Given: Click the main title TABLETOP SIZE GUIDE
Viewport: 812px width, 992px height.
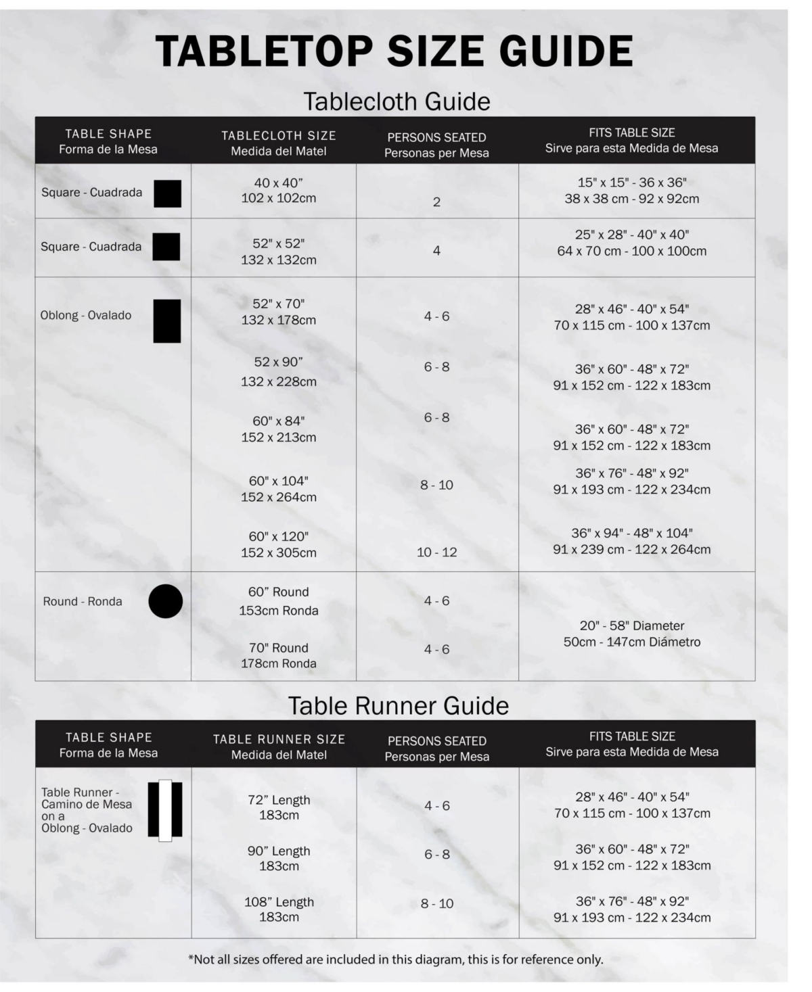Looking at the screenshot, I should [394, 51].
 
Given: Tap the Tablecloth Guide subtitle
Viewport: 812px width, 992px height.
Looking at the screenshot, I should [397, 101].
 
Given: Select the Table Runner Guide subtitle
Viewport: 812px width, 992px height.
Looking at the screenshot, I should [398, 705].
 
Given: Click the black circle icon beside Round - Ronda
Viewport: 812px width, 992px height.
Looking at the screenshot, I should [166, 601].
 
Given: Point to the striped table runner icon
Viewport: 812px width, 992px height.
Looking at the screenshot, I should [165, 810].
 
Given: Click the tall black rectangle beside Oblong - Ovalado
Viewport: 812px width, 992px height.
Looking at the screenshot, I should [167, 321].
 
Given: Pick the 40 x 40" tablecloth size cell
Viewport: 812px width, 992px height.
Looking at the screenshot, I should [278, 191].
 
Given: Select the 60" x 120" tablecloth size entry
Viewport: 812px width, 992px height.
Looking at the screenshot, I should [278, 544].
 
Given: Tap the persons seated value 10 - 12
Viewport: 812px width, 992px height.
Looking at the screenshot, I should [436, 552].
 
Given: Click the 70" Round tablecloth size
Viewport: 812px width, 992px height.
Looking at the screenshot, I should [278, 655].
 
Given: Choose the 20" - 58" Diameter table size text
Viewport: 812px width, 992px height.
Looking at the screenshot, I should [632, 634].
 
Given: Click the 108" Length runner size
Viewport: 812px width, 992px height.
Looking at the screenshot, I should [279, 909].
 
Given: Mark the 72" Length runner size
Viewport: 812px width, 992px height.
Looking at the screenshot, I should [279, 807].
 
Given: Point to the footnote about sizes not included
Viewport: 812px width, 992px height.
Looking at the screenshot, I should [395, 959].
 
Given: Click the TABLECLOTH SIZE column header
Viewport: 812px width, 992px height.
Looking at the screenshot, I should [278, 143].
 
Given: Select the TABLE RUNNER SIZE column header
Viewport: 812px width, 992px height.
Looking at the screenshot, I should [279, 747].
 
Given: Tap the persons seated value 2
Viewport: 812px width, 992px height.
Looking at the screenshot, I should [436, 202].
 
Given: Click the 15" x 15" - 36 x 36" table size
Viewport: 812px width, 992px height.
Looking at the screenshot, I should [632, 191].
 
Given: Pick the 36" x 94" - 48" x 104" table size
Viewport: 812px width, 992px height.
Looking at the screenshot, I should [632, 541].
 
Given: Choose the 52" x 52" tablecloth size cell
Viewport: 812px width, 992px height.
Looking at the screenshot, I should [278, 251].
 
